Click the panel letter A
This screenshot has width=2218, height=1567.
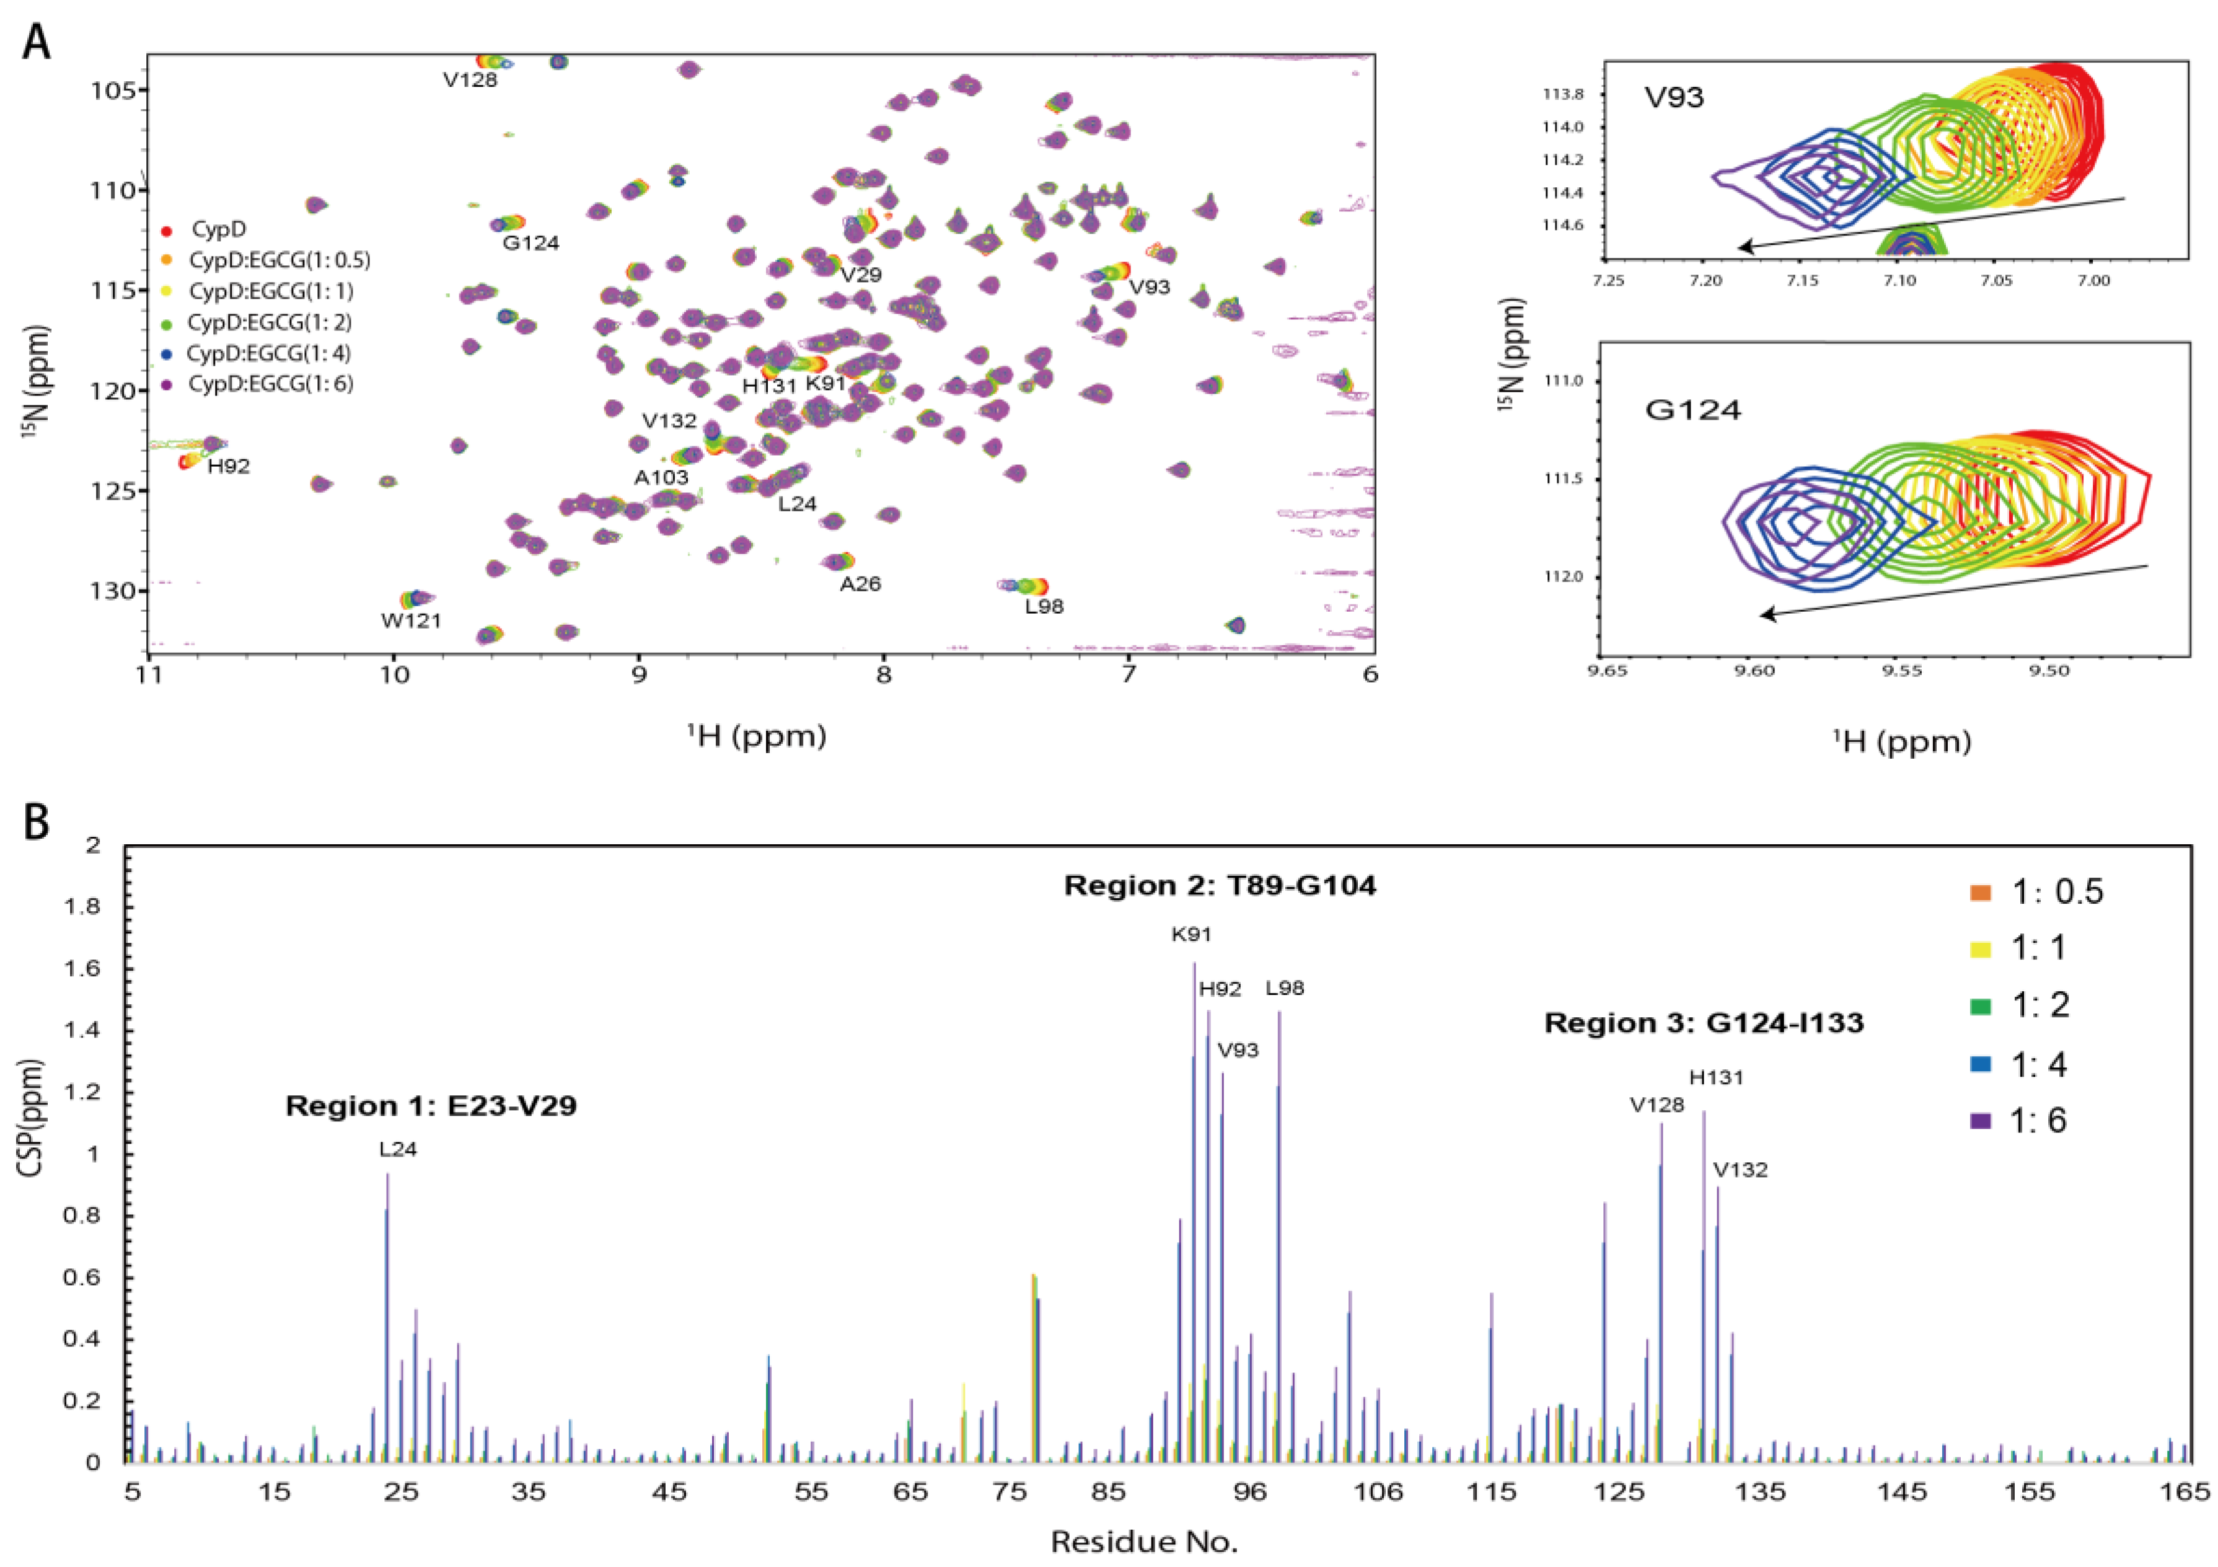pyautogui.click(x=36, y=43)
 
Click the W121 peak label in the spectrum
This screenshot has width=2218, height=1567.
pyautogui.click(x=411, y=621)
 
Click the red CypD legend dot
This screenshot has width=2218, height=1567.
pyautogui.click(x=166, y=231)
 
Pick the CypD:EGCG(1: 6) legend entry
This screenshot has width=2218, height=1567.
pyautogui.click(x=270, y=384)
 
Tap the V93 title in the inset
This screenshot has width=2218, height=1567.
pyautogui.click(x=1674, y=97)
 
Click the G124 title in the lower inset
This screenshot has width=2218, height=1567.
pyautogui.click(x=1692, y=410)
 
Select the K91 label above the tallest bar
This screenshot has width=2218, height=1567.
pyautogui.click(x=1191, y=934)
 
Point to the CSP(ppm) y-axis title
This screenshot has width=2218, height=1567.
pyautogui.click(x=32, y=1118)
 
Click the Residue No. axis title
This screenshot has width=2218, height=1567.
pyautogui.click(x=1144, y=1542)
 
